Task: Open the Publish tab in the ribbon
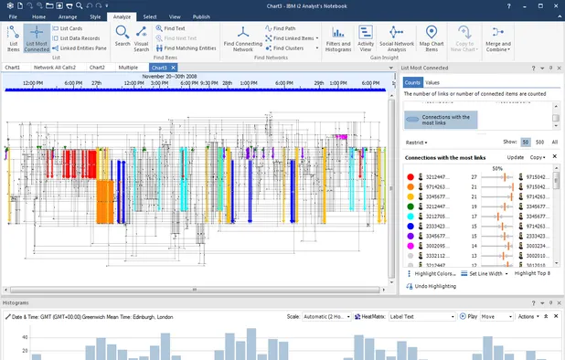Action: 201,16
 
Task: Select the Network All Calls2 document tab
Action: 55,68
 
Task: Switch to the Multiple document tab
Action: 128,68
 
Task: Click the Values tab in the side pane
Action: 432,82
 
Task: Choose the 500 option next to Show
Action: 539,143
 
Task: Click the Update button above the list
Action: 516,157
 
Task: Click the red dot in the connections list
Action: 410,176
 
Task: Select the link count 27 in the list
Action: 474,176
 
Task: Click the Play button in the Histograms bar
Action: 470,316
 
